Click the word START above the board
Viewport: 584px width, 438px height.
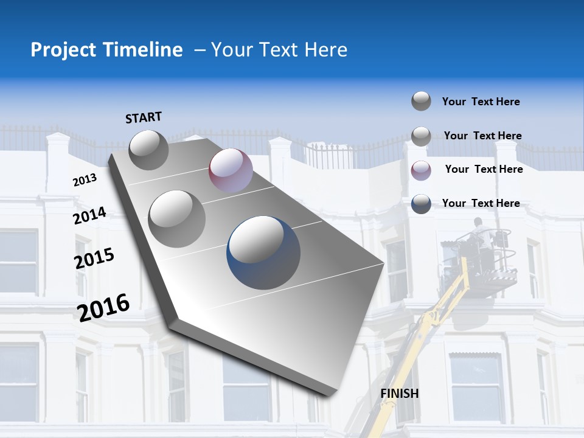pyautogui.click(x=144, y=117)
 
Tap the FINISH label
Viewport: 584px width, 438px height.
pyautogui.click(x=400, y=394)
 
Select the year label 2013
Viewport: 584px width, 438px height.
pyautogui.click(x=85, y=180)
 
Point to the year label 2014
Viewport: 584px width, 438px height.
pyautogui.click(x=90, y=216)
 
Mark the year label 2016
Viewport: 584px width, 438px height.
pyautogui.click(x=103, y=307)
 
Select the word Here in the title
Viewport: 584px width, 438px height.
pyautogui.click(x=325, y=50)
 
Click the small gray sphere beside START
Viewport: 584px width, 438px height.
pyautogui.click(x=148, y=149)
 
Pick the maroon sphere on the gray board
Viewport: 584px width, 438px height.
pyautogui.click(x=231, y=170)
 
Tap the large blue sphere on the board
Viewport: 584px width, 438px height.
pyautogui.click(x=264, y=252)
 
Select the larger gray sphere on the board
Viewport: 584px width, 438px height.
pyautogui.click(x=176, y=218)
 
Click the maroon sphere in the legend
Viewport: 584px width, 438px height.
pyautogui.click(x=421, y=170)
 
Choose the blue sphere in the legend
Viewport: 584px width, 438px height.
pyautogui.click(x=421, y=204)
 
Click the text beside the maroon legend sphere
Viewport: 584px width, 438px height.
pyautogui.click(x=484, y=169)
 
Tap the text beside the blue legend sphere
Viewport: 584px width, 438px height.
pyautogui.click(x=481, y=203)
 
